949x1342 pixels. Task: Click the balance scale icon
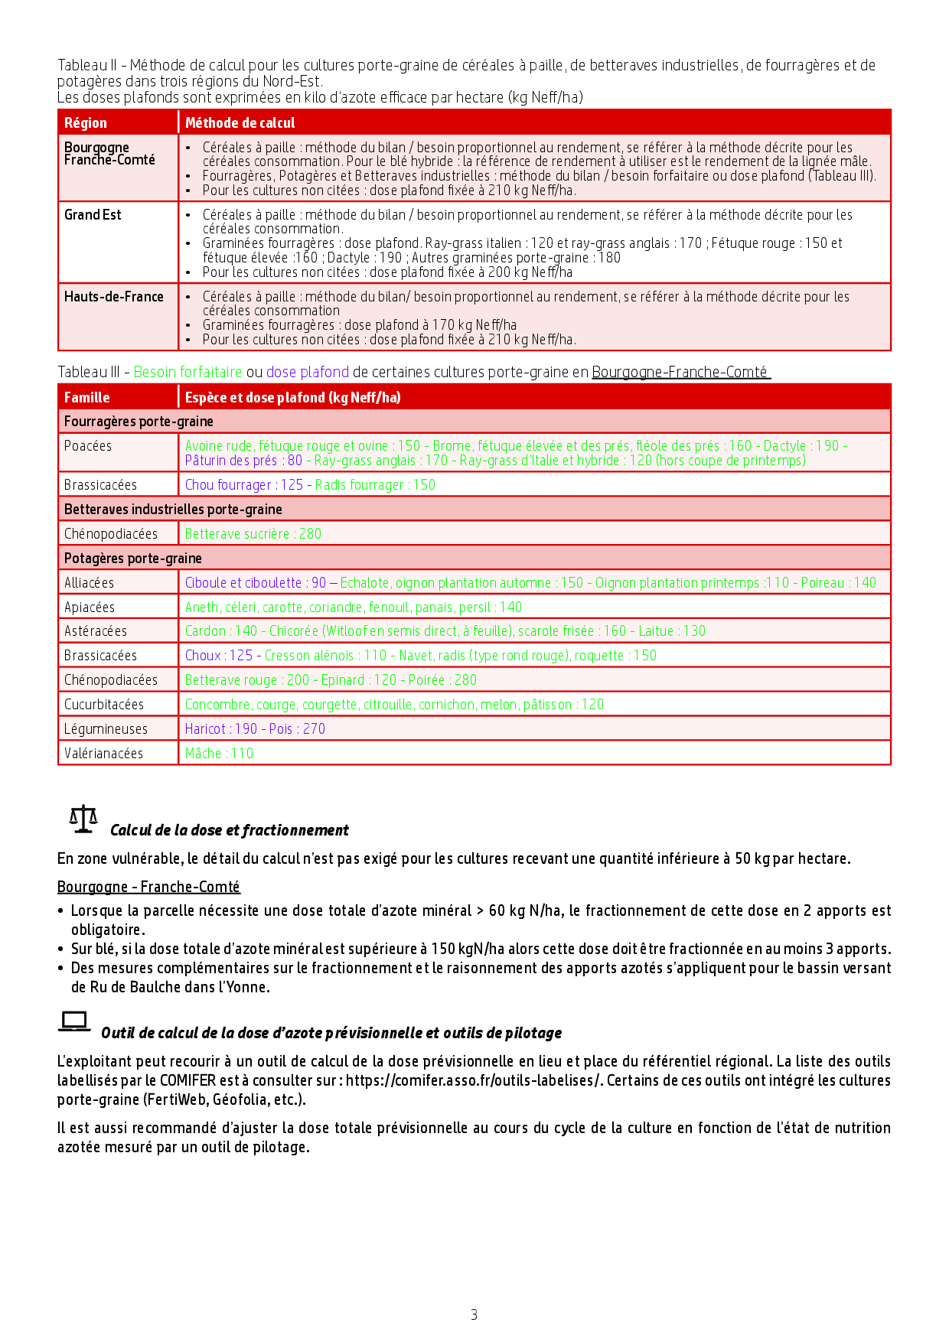83,819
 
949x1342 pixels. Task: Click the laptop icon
74,1021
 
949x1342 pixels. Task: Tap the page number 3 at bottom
474,1314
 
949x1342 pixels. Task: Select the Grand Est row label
93,215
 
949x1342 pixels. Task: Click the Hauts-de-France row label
113,297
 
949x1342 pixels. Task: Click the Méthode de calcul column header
240,123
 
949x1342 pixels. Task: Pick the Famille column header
86,397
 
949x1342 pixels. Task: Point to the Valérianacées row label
103,754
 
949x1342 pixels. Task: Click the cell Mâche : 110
219,754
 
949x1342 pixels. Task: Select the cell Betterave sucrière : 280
253,534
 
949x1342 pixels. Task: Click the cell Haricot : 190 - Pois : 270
255,729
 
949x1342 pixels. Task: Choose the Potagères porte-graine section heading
132,559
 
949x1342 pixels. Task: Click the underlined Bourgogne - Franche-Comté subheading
148,887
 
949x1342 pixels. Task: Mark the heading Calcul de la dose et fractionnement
229,830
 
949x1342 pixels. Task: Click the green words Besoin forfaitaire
188,373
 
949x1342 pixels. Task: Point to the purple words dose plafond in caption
307,373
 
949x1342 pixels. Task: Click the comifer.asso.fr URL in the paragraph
474,1080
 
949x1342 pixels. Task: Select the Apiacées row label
90,607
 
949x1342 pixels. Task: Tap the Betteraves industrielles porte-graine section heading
173,510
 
